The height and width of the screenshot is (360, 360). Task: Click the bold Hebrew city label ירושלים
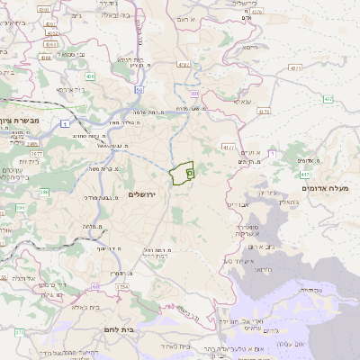[x=143, y=194]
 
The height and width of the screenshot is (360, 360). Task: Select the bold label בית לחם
[x=117, y=330]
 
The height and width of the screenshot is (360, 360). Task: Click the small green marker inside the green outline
[x=189, y=172]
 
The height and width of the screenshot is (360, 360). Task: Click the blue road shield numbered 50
[x=139, y=90]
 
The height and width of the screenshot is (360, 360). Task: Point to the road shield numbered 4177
[x=227, y=146]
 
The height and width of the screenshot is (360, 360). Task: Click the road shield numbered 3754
[x=121, y=287]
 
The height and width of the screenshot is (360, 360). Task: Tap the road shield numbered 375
[x=19, y=333]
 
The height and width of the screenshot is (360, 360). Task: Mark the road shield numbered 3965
[x=32, y=142]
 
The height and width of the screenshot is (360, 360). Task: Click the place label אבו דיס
[x=238, y=205]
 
